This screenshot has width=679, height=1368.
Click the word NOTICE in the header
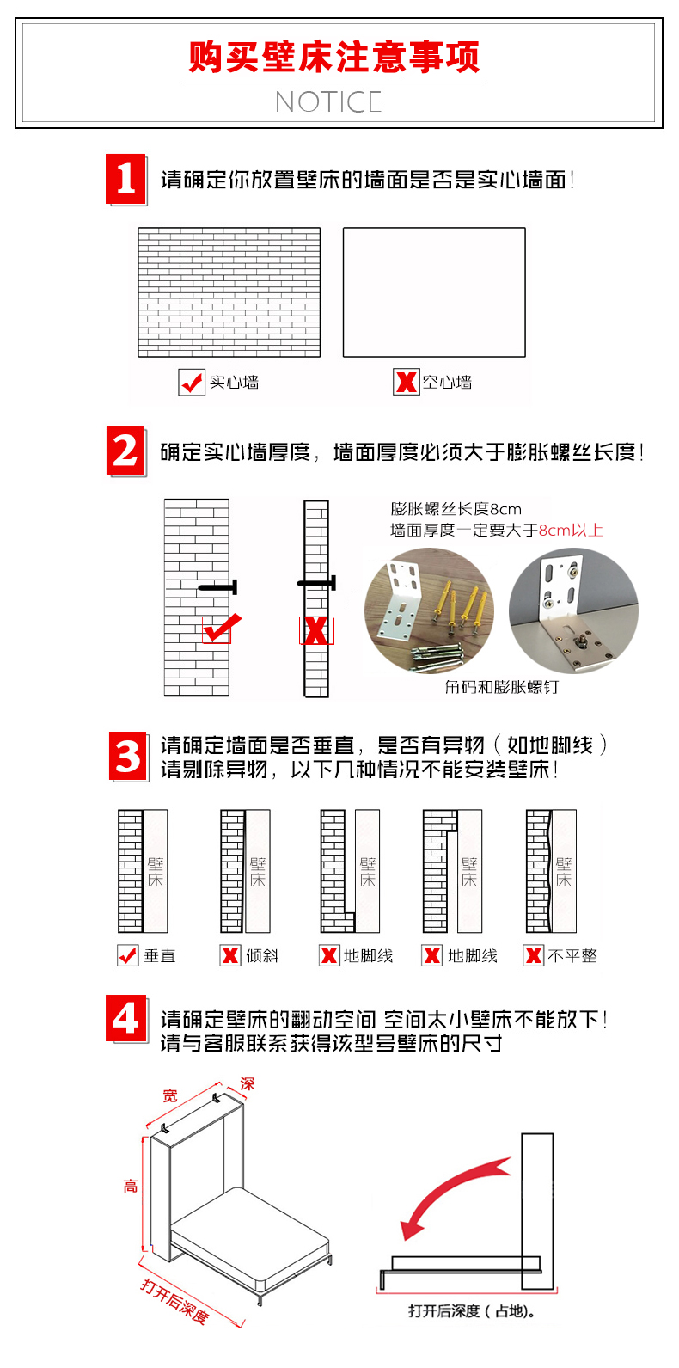[328, 102]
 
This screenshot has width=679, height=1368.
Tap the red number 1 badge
[125, 179]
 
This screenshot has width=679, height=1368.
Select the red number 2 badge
[125, 451]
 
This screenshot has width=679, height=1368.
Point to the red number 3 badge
[128, 756]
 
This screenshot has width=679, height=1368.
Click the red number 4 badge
[125, 1019]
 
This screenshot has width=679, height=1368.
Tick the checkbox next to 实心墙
[192, 383]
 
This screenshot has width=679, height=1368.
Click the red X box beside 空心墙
[406, 383]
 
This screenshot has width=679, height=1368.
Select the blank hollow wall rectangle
[434, 292]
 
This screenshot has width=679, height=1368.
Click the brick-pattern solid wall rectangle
[229, 292]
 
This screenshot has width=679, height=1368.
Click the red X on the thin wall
[316, 631]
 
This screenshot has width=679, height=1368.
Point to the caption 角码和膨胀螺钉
[501, 687]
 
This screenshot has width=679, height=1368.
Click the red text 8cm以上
[571, 531]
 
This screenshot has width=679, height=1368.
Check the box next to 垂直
[127, 955]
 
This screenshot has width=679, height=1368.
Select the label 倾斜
[262, 956]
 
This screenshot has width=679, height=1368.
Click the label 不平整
[572, 956]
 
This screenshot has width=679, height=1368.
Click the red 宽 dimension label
[170, 1095]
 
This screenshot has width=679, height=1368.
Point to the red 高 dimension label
[131, 1186]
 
